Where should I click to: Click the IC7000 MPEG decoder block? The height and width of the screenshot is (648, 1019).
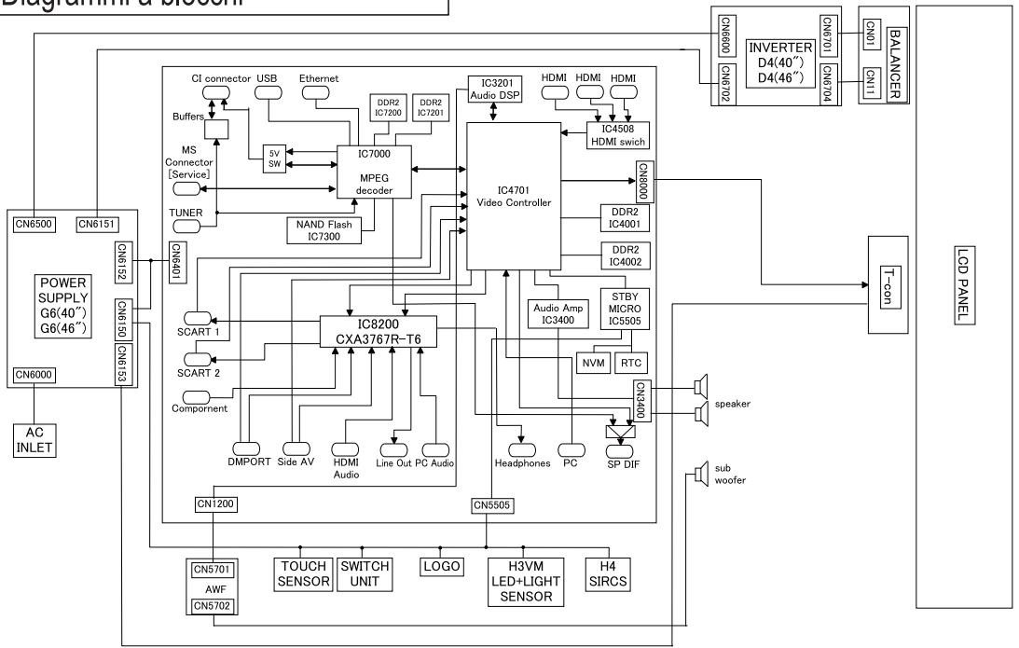coord(374,172)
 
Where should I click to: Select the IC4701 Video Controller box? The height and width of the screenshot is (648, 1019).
coord(514,196)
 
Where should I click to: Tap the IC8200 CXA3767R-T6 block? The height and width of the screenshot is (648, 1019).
coord(379,332)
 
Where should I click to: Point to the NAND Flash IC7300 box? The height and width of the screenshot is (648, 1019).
coord(324,230)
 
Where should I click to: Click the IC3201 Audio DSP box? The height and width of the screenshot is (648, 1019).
coord(494,90)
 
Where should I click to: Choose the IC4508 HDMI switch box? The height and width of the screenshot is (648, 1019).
coord(617,135)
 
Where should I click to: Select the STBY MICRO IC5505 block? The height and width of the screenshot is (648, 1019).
coord(625,309)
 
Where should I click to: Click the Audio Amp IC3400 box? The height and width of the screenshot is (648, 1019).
coord(558,314)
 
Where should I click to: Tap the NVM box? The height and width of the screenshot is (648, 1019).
coord(593,363)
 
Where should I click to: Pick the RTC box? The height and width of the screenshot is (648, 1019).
coord(631,363)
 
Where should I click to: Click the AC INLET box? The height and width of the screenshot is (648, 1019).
coord(34,440)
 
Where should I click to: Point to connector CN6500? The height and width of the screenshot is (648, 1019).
coord(34,224)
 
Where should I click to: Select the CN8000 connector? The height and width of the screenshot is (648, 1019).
coord(643,182)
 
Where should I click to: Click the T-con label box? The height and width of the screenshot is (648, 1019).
coord(889,287)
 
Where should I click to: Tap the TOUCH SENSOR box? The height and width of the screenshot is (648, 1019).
coord(304,574)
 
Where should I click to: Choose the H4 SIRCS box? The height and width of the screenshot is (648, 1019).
coord(608,574)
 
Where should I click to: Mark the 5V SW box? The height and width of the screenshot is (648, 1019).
coord(274,159)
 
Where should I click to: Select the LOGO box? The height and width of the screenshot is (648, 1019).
coord(442,567)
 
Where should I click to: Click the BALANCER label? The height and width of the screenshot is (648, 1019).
coord(895,63)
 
